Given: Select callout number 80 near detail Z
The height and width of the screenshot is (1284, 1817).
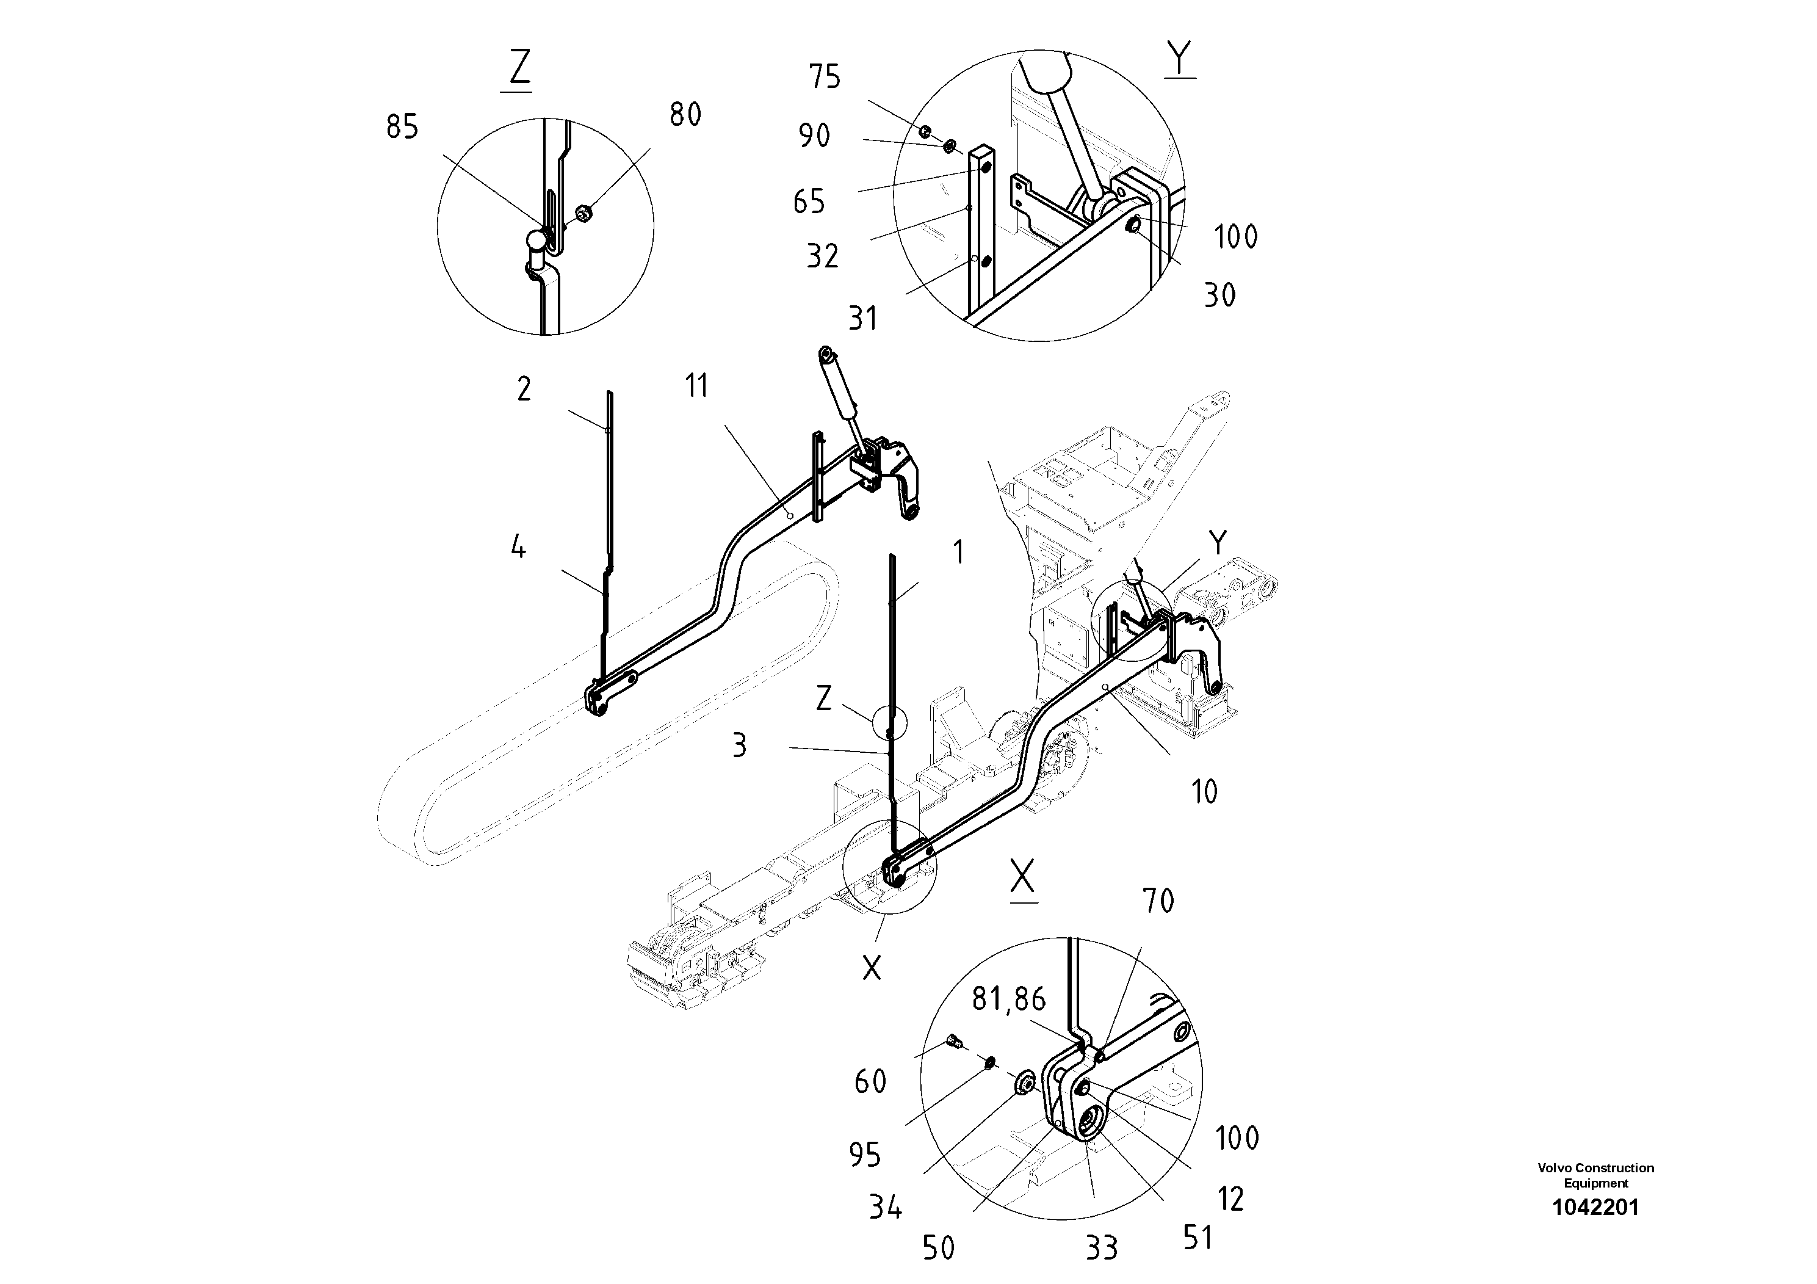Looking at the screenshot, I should pos(685,115).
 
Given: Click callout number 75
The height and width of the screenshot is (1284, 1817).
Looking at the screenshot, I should pos(824,78).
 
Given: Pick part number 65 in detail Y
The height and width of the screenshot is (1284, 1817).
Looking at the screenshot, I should pos(809,202).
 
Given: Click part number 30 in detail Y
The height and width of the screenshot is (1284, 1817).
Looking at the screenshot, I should pos(1219,296).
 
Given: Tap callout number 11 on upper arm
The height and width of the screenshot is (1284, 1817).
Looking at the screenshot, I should pos(696,386).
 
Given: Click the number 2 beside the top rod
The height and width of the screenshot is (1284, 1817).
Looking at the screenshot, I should pos(524,390).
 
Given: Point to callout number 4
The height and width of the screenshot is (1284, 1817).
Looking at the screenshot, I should pos(518,547).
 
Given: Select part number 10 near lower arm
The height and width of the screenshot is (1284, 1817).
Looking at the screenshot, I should pos(1204,792).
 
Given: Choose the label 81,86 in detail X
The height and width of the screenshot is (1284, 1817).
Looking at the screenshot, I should pos(1008,1000).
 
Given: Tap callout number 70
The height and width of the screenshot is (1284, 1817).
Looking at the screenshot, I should pos(1158,901).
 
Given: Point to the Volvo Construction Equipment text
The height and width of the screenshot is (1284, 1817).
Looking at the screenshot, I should pos(1595,1175).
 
